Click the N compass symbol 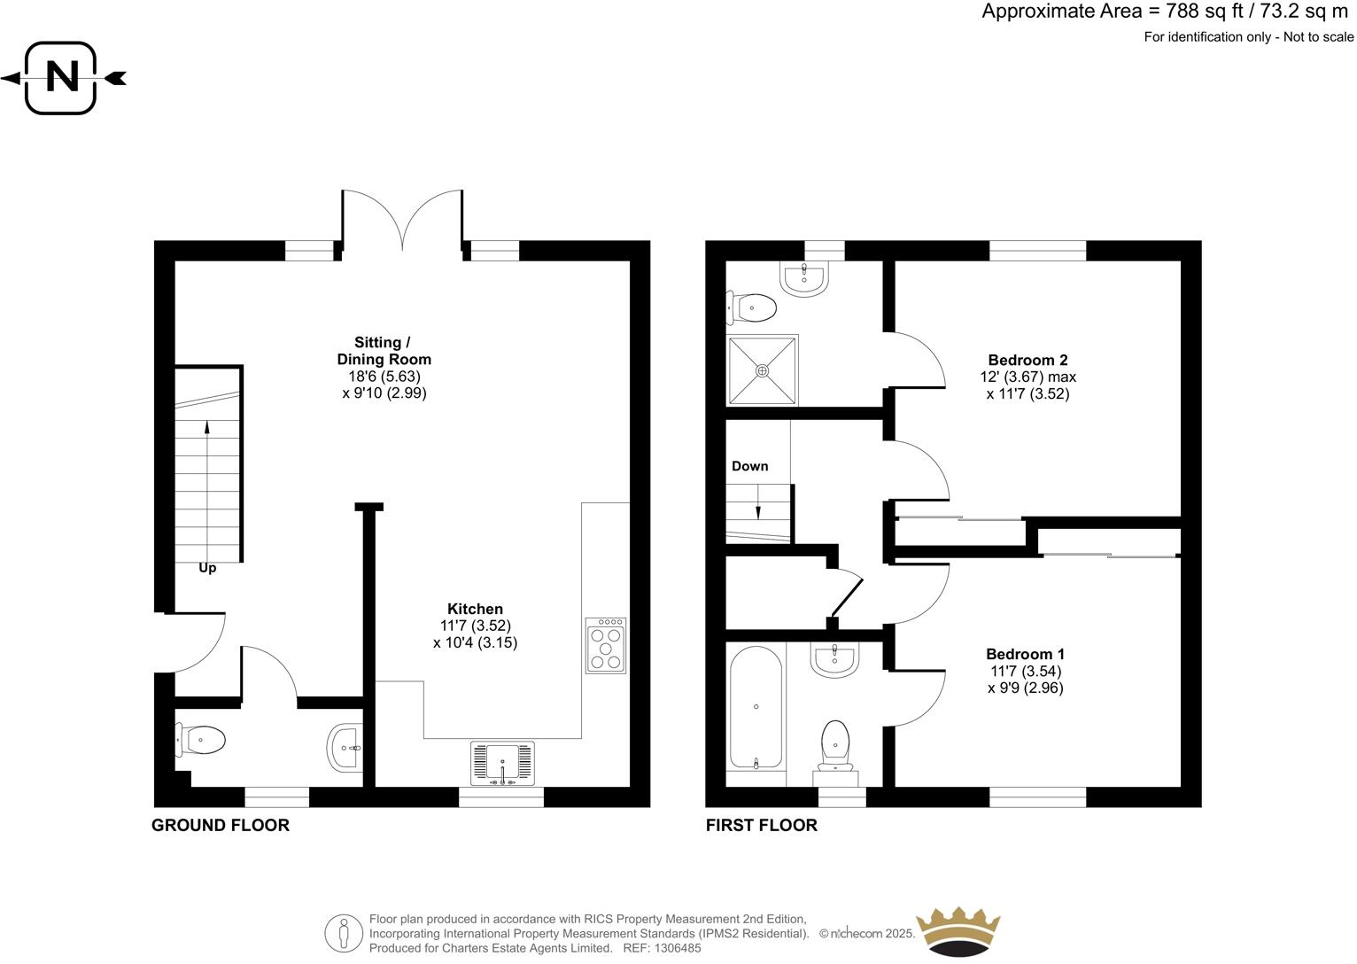pos(61,78)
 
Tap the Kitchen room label pos(475,609)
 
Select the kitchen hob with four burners pos(606,646)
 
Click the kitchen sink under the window pos(503,763)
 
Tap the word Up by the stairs pos(207,568)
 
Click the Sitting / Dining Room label pos(384,351)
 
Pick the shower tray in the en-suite pos(763,370)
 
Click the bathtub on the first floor pos(756,707)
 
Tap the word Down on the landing pos(749,466)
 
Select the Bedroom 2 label pos(1027,360)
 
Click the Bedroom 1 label pos(1025,655)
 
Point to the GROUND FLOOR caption pos(221,825)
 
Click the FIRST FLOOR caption pos(761,825)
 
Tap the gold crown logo pos(958,931)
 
